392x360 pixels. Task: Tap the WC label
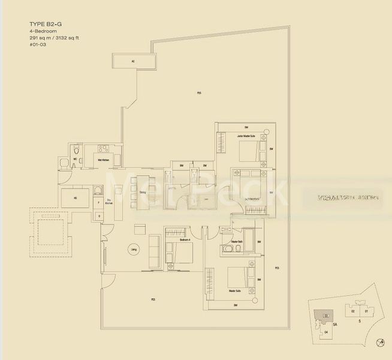click(74, 160)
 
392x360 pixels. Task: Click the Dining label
click(143, 192)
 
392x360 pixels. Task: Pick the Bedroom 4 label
click(185, 239)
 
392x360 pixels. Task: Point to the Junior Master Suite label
click(246, 137)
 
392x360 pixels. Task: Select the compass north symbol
click(381, 343)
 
